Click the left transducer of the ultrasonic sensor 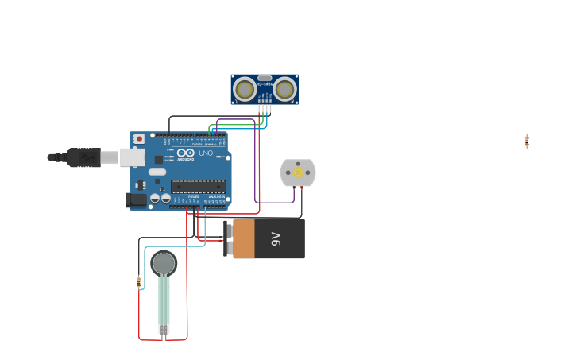coord(245,89)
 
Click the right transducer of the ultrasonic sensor coord(284,89)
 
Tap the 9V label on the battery coord(276,238)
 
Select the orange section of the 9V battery coord(243,238)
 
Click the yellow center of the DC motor coord(298,172)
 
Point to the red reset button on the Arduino coord(139,139)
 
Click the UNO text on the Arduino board coord(206,153)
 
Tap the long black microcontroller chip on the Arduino coord(199,187)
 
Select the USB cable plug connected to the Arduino coord(83,157)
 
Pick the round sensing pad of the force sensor coord(164,263)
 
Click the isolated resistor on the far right coord(527,141)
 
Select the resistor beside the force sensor coord(138,282)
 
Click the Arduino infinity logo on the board coord(185,153)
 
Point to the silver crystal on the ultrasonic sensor coord(265,79)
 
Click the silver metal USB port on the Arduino coord(132,157)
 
